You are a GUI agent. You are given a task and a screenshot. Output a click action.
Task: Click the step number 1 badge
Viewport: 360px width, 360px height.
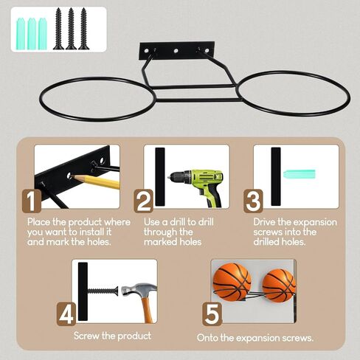pyautogui.click(x=32, y=201)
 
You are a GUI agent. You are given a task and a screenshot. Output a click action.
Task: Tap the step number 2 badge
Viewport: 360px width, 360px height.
pyautogui.click(x=143, y=201)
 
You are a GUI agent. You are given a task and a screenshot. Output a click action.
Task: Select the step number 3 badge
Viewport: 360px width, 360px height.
pyautogui.click(x=253, y=201)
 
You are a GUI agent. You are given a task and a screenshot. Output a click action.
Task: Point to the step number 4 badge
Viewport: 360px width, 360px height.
pyautogui.click(x=66, y=314)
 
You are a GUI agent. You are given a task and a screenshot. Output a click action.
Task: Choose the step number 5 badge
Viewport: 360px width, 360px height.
pyautogui.click(x=212, y=314)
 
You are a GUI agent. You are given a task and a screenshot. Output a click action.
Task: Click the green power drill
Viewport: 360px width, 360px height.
pyautogui.click(x=197, y=186)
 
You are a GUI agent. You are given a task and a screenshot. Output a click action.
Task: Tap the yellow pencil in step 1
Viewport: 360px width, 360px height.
pyautogui.click(x=96, y=181)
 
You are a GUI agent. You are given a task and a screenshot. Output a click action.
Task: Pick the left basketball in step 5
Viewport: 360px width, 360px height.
pyautogui.click(x=232, y=282)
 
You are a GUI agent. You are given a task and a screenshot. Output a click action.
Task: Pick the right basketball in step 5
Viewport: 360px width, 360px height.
pyautogui.click(x=279, y=285)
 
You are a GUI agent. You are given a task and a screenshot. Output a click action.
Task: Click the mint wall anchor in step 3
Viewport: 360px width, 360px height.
pyautogui.click(x=300, y=174)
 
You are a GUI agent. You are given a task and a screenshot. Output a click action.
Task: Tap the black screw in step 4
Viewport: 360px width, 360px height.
pyautogui.click(x=103, y=291)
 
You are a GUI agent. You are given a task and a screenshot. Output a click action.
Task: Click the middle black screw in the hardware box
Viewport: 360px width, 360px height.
pyautogui.click(x=71, y=29)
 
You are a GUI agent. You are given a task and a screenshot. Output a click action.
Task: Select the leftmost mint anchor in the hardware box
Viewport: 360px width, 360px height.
pyautogui.click(x=21, y=34)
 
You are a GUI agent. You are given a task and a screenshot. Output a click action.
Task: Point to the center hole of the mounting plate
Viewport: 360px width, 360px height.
pyautogui.click(x=176, y=51)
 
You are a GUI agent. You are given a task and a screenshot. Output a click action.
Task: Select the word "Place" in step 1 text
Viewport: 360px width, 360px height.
pyautogui.click(x=38, y=222)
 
